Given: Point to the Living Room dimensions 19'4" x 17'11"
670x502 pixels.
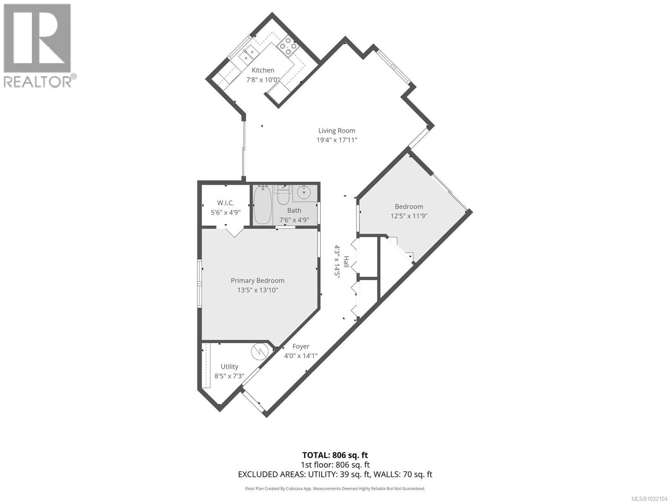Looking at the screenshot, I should (x=337, y=140).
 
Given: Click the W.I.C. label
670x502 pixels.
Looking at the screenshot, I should (x=225, y=203).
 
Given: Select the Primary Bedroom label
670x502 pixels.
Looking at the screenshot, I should (x=258, y=280).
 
